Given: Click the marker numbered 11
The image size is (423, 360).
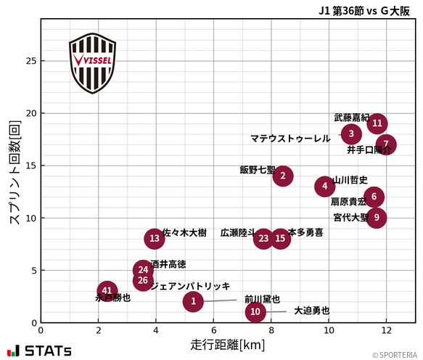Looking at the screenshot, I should coord(377,123).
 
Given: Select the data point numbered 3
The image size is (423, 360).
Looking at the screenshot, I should coord(351,134).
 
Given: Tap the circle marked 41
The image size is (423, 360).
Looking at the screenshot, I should coord(107,291).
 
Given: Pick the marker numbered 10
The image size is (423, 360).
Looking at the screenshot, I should coord(255,312).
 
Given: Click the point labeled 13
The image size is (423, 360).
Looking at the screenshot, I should coord(154,238).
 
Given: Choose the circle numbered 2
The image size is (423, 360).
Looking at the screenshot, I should coord(283,175).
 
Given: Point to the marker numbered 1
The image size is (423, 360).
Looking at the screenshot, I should coord(193,301).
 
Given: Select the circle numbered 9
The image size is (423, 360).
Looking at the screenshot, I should coord(376,217).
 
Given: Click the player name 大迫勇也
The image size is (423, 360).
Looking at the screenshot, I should coord(311,311).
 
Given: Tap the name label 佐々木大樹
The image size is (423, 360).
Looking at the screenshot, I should coord(184,233).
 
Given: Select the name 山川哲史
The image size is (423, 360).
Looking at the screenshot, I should coord(350,180).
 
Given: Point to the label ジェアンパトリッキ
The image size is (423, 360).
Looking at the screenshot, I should coord(190,287).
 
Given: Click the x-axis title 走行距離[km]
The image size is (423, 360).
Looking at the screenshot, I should coord(228,344).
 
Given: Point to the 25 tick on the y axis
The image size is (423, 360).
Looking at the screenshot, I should coord(30,61).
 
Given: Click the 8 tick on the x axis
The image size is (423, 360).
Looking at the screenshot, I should coord(271,330).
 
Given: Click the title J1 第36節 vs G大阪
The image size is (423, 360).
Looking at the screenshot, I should coord(366,10).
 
